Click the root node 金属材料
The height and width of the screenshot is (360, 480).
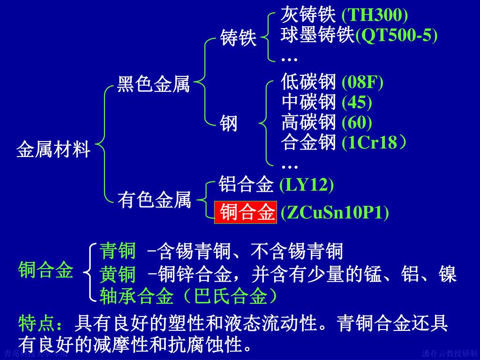pos(53,150)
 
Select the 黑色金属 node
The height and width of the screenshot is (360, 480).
pos(153,85)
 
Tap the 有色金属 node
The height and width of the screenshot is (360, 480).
pos(154,201)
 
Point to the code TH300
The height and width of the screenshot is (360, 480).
pos(375,15)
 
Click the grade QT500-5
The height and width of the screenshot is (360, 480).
pos(397,36)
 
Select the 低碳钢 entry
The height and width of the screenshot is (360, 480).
pos(308,82)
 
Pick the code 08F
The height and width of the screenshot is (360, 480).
pos(362,82)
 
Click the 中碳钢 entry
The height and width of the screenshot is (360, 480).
pos(308,102)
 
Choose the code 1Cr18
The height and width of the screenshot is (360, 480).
pos(373,142)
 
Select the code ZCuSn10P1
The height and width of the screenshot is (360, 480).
pos(335,212)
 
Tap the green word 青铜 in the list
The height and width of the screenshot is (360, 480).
pos(118,252)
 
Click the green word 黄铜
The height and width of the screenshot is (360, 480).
pos(118,274)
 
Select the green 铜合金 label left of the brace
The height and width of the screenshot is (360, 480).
pos(46,270)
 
